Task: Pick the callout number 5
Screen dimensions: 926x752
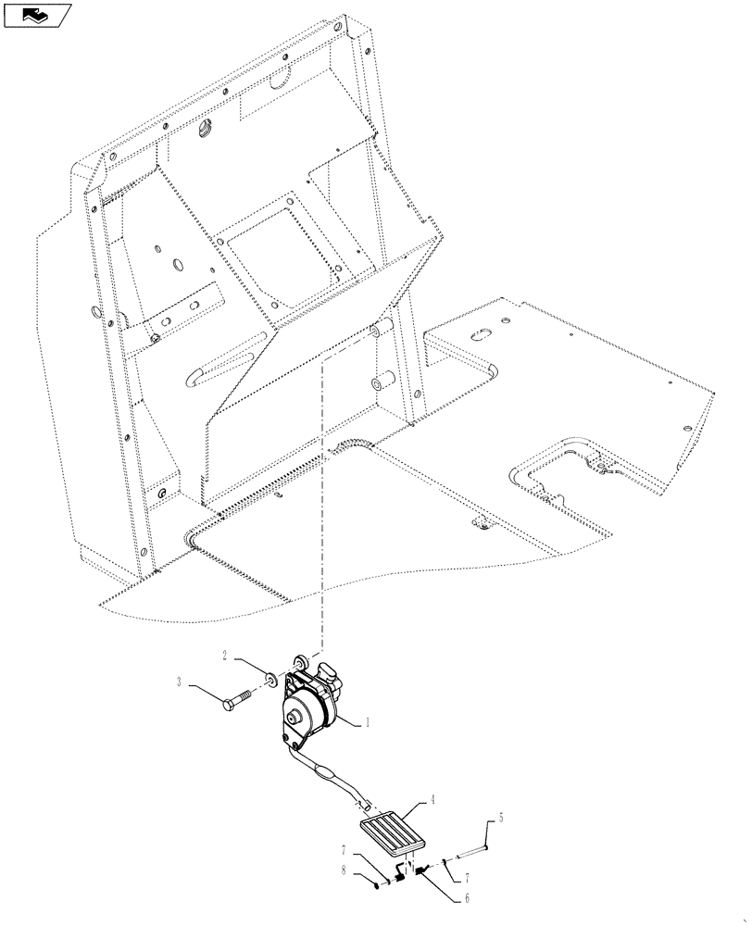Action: [x=500, y=819]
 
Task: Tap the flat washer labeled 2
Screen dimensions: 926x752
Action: [x=268, y=681]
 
